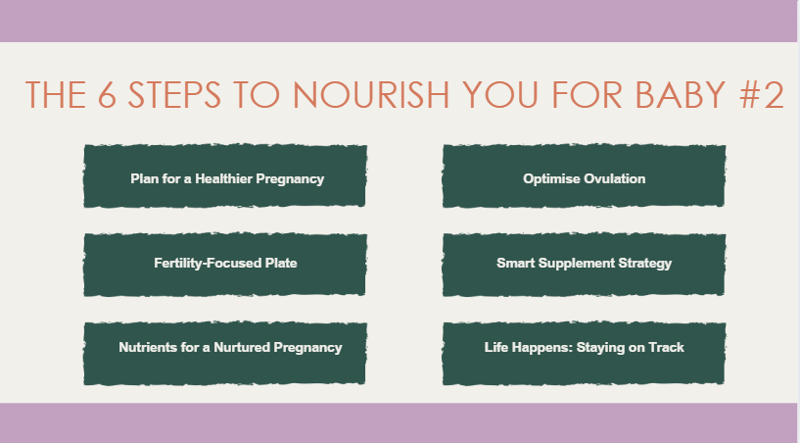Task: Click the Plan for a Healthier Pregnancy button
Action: point(226,178)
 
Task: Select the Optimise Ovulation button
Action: point(584,178)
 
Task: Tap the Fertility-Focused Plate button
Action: point(225,263)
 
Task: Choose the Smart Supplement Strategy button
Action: point(584,263)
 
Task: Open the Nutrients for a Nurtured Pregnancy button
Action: point(230,347)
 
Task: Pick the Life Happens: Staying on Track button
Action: point(584,347)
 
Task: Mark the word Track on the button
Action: point(666,347)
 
